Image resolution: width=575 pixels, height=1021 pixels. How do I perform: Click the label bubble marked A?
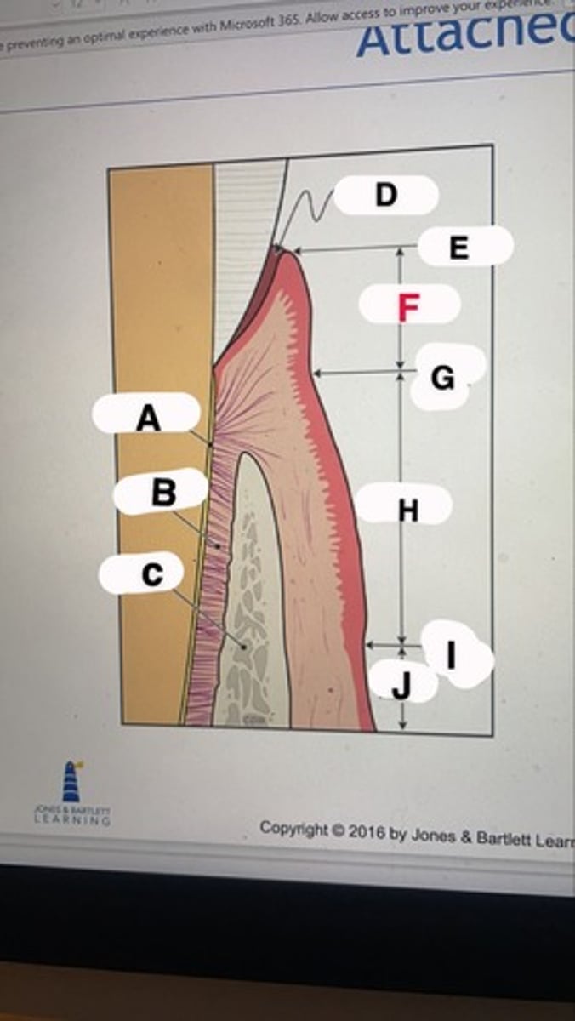pyautogui.click(x=147, y=417)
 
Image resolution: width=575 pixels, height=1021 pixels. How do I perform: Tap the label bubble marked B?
pyautogui.click(x=162, y=493)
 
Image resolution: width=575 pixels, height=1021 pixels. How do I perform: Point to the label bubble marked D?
pyautogui.click(x=385, y=195)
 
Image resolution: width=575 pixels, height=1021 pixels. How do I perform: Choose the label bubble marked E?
pyautogui.click(x=459, y=247)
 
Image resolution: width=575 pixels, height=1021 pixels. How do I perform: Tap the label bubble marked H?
pyautogui.click(x=407, y=509)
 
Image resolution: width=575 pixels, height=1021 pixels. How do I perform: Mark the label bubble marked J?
pyautogui.click(x=402, y=682)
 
